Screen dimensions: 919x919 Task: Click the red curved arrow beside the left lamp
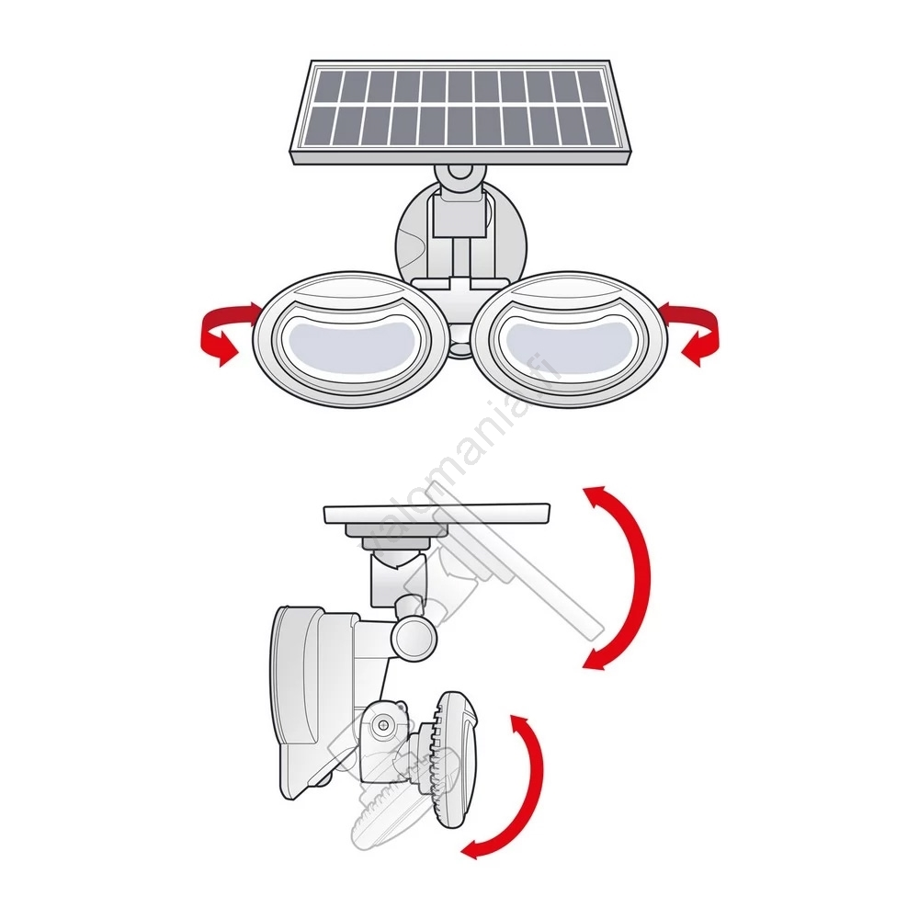tap(221, 335)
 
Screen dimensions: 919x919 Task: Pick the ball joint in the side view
tap(413, 635)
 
